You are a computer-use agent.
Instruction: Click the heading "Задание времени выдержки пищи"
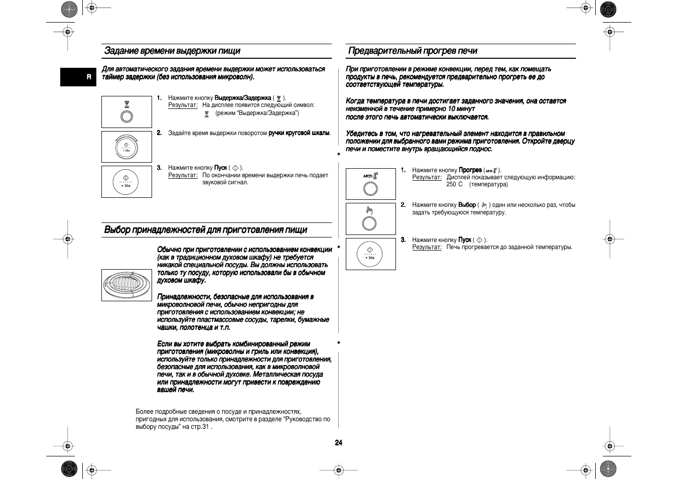coord(172,51)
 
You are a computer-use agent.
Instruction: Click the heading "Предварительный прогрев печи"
coord(413,51)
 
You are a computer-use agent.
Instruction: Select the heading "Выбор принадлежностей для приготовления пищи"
coord(206,230)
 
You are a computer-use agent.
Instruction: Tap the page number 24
coord(339,443)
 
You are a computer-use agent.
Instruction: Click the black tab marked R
coord(89,77)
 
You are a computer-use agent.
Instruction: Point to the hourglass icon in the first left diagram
coord(127,104)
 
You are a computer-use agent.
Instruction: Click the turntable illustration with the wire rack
coord(126,285)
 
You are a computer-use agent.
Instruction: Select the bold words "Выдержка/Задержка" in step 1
coord(243,98)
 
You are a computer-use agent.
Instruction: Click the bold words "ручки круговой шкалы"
coord(299,133)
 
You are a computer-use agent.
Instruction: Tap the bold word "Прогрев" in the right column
coord(470,170)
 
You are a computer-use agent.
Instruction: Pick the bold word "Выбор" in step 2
coord(467,205)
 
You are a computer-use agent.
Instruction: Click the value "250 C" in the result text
coord(455,184)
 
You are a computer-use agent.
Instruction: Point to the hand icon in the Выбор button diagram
coord(370,210)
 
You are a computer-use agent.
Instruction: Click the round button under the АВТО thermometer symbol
coord(370,189)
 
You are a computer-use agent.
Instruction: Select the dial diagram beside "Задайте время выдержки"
coord(126,147)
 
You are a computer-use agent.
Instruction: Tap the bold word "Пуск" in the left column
coord(221,168)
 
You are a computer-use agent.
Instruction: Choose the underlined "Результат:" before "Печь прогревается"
coord(427,247)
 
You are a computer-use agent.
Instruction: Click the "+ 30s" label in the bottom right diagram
coord(370,258)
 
